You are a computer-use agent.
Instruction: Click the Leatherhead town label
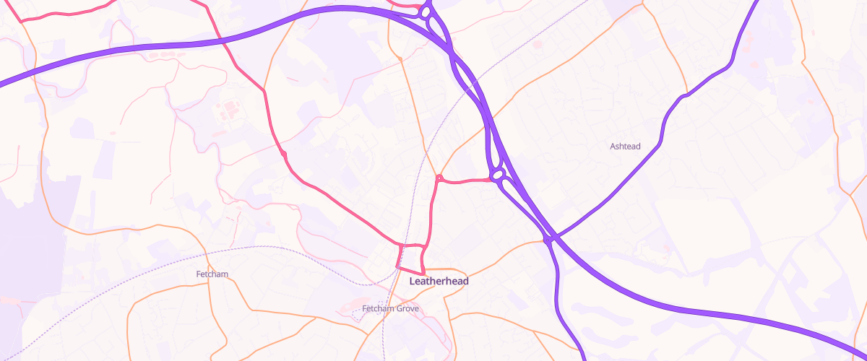click(439, 281)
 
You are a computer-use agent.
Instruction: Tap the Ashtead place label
click(625, 147)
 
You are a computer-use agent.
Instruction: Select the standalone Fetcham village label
click(212, 274)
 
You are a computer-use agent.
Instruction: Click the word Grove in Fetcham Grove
click(405, 309)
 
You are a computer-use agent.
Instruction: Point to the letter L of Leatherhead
click(413, 281)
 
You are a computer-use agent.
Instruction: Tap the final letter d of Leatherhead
click(465, 281)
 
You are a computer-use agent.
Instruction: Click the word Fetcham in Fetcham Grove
click(376, 309)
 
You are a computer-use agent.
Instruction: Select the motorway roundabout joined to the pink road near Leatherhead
click(497, 175)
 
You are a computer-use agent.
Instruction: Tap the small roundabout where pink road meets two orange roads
click(439, 177)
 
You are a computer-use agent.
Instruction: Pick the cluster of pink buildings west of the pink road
click(230, 110)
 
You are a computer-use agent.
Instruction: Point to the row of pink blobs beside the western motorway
click(163, 53)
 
